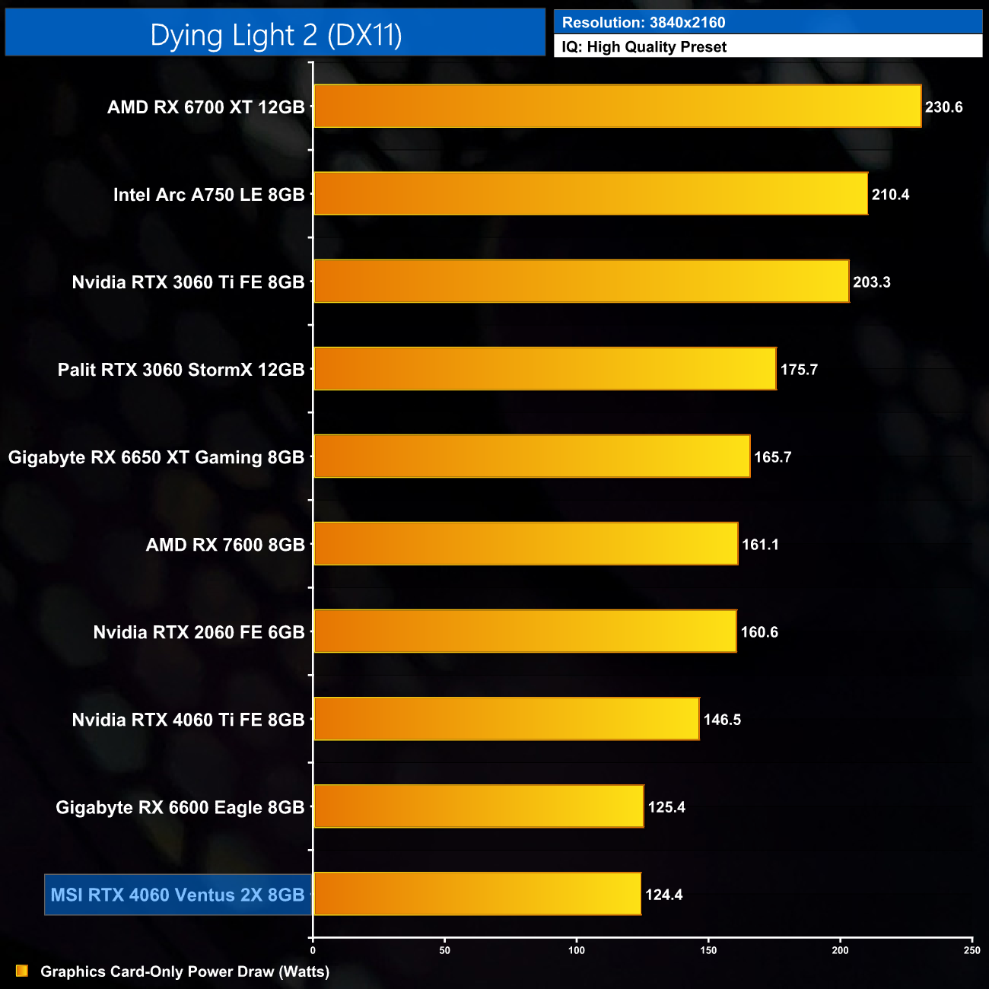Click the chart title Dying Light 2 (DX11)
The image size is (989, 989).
tap(275, 35)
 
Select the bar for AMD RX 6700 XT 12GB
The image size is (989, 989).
tap(617, 107)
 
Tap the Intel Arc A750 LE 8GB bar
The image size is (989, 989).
tap(590, 194)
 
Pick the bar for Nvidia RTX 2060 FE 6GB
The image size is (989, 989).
tap(525, 631)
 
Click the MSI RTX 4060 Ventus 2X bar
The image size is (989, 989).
tap(477, 894)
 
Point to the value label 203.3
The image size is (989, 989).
tap(871, 282)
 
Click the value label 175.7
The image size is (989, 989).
tap(799, 370)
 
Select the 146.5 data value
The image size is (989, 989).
tap(722, 720)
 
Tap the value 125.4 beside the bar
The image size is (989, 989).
tap(666, 807)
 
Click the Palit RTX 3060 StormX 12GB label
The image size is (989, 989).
tap(181, 370)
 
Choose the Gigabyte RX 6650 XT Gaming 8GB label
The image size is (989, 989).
tap(156, 457)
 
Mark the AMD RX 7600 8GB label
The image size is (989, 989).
tap(225, 545)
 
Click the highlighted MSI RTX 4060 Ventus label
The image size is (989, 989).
tap(177, 895)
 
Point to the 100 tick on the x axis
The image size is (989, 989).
tap(577, 950)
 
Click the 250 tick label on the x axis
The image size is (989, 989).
tap(972, 950)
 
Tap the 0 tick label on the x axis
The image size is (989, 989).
tap(313, 950)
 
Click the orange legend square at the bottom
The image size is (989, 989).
tap(22, 971)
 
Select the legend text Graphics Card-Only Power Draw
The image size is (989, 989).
tap(185, 972)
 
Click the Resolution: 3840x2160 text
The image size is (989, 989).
tap(644, 23)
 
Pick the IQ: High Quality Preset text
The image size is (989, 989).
tap(644, 47)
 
